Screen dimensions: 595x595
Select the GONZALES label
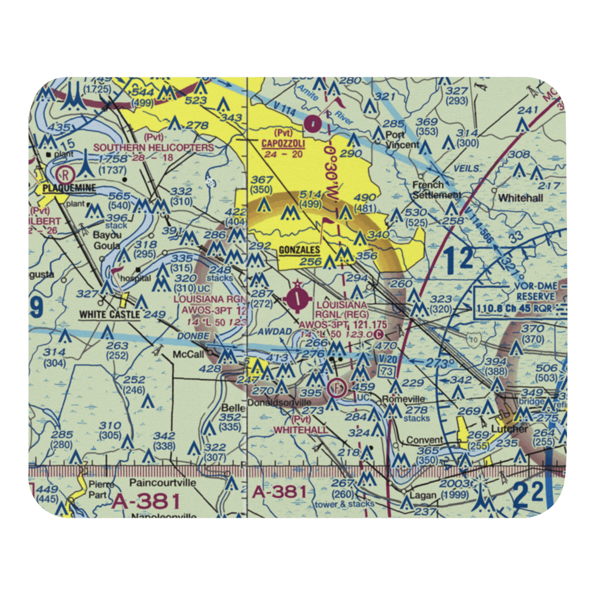click(299, 250)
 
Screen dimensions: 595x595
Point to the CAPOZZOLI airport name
click(283, 143)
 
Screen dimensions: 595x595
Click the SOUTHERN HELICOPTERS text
click(153, 147)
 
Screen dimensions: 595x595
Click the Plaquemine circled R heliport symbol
click(64, 174)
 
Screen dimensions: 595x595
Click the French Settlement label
click(437, 190)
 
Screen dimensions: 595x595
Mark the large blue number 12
click(458, 259)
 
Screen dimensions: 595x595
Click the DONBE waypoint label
click(192, 336)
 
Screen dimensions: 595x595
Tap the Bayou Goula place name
click(107, 240)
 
